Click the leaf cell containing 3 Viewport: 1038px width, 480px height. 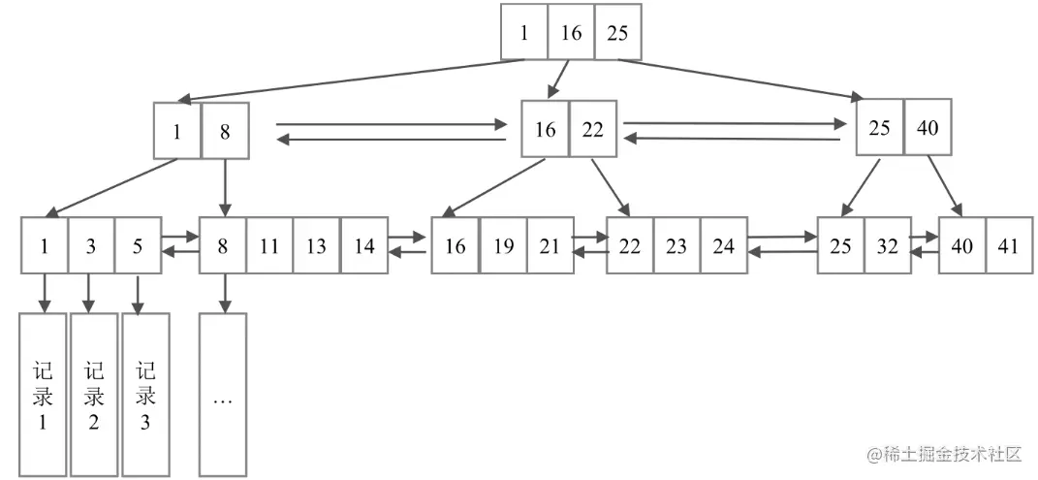91,245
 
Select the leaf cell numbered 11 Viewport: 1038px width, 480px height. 269,245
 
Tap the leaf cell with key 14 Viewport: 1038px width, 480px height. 363,245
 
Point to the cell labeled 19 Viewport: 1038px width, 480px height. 503,245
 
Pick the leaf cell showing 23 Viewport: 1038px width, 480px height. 676,245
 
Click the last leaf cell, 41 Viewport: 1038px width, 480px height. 1009,245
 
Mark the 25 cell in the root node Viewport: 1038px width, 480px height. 617,33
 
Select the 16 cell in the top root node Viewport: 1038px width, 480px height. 571,33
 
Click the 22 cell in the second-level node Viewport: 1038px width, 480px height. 593,129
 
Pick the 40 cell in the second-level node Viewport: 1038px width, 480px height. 928,128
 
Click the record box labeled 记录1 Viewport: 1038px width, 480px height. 43,395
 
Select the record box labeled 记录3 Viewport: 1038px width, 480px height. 145,395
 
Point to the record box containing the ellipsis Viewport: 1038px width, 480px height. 223,395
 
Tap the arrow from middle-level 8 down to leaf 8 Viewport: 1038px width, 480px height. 225,187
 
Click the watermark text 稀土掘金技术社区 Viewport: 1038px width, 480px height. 945,454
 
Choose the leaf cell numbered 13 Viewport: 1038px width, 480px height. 316,245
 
